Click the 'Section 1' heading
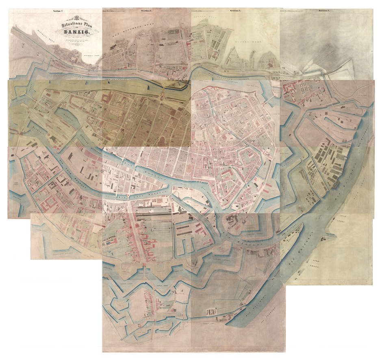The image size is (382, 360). tap(59, 11)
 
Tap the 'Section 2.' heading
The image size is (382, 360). tap(146, 11)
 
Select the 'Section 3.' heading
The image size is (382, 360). tap(235, 11)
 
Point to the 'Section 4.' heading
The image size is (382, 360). tap(324, 11)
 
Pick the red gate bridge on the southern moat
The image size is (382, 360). tap(144, 268)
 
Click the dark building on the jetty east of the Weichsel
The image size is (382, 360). tap(336, 183)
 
